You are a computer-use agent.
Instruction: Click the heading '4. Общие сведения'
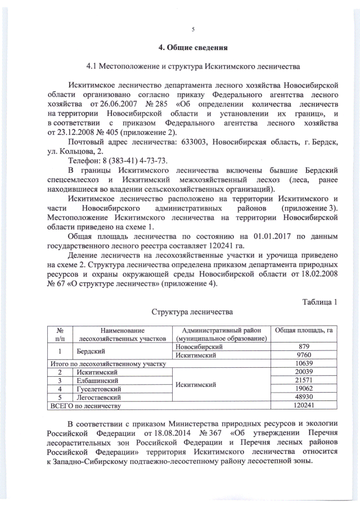click(x=193, y=47)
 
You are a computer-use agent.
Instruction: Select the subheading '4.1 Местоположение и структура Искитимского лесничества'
click(x=192, y=66)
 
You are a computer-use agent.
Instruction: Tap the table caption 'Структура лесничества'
click(x=192, y=310)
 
